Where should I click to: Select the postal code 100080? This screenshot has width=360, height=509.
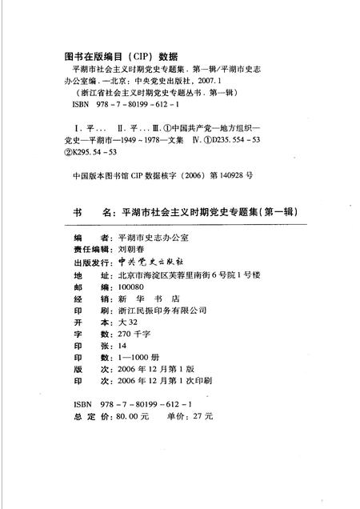click(132, 287)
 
